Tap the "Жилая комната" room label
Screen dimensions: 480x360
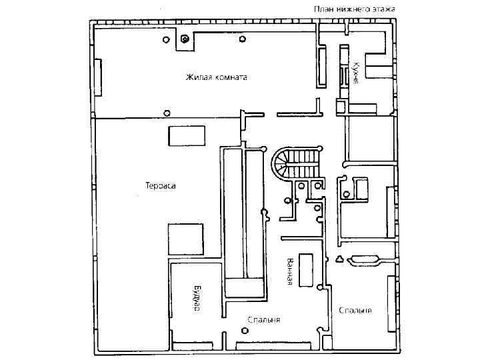pyautogui.click(x=216, y=77)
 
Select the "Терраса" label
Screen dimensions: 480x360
pyautogui.click(x=160, y=186)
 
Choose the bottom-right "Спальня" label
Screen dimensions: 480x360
pyautogui.click(x=355, y=311)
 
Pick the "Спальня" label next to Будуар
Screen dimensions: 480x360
pyautogui.click(x=263, y=320)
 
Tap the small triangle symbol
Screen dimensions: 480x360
pyautogui.click(x=339, y=259)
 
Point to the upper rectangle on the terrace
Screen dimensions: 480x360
pyautogui.click(x=187, y=135)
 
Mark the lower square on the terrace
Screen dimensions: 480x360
pyautogui.click(x=185, y=239)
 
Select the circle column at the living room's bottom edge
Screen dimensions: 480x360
pyautogui.click(x=167, y=112)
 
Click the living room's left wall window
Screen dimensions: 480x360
pyautogui.click(x=98, y=77)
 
